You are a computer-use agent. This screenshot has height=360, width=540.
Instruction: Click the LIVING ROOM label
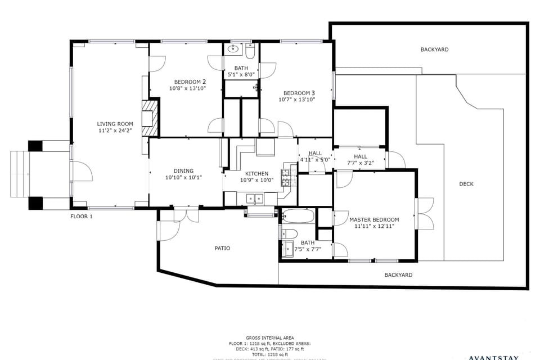115,124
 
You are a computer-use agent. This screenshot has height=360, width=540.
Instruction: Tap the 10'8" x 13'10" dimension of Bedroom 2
188,88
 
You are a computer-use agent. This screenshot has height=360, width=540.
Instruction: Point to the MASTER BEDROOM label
374,219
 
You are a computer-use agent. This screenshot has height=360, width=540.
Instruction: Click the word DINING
183,171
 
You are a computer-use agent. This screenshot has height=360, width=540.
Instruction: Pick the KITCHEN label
256,174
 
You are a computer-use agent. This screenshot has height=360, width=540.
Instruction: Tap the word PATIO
222,248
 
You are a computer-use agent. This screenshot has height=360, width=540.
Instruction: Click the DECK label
466,184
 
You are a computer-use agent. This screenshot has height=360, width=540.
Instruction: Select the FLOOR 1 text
82,217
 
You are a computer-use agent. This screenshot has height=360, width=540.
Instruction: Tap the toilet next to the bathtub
289,233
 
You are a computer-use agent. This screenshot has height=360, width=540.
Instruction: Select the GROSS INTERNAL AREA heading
269,337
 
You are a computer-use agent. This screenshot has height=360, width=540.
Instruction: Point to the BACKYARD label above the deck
434,49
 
